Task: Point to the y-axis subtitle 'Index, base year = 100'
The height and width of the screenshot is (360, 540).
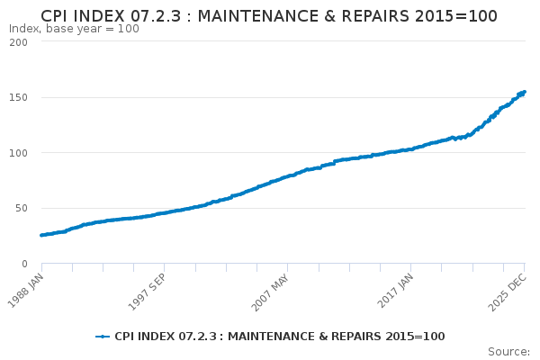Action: (74, 29)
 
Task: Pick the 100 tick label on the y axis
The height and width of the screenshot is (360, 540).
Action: (18, 153)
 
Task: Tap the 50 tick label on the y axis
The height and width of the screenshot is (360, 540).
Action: (22, 208)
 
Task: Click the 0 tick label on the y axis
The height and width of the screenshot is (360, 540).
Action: (24, 264)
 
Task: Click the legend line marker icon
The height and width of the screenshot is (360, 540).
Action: (103, 337)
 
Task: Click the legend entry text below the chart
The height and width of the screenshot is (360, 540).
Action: (279, 337)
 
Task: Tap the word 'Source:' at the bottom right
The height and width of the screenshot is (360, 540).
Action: (508, 351)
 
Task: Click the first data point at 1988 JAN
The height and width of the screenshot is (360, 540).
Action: (41, 235)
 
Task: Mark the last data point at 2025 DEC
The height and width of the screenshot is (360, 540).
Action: (525, 92)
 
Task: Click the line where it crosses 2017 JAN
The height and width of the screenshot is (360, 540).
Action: (411, 149)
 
